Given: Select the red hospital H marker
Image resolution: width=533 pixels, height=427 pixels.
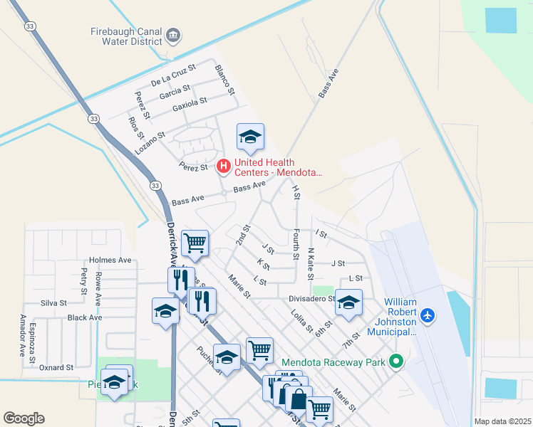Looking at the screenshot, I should pyautogui.click(x=223, y=167).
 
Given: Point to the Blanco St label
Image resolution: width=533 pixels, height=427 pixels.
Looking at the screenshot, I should pyautogui.click(x=224, y=80).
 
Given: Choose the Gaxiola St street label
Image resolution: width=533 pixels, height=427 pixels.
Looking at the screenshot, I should pyautogui.click(x=190, y=105).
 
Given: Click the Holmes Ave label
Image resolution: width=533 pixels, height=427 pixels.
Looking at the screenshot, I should pyautogui.click(x=110, y=260).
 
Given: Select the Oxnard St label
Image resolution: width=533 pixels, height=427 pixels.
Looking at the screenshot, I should pyautogui.click(x=56, y=368).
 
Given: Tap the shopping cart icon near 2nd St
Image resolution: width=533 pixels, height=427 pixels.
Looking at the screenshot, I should pyautogui.click(x=195, y=243).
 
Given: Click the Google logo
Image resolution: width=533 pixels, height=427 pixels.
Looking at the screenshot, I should pyautogui.click(x=24, y=418).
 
